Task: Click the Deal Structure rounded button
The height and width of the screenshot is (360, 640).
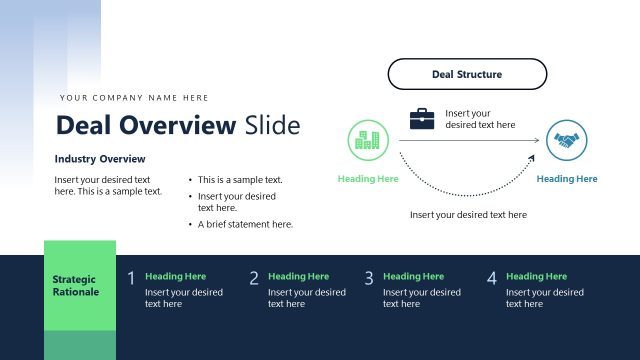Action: (467, 74)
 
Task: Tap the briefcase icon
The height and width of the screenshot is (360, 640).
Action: (422, 119)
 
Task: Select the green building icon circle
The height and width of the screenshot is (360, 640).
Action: (367, 141)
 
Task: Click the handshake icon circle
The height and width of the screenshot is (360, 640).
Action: (567, 141)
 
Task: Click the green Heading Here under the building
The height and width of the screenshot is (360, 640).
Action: (368, 179)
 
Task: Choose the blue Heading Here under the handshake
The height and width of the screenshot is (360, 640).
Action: (567, 179)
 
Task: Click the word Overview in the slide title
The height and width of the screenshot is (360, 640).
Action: (177, 125)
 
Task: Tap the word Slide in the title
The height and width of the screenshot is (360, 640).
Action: (272, 125)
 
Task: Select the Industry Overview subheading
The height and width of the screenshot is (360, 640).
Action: (100, 159)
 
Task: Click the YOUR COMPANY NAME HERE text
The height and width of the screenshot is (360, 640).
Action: (134, 98)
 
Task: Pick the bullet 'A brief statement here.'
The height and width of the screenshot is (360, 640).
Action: (245, 224)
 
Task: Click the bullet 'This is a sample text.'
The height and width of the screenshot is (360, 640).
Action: (240, 180)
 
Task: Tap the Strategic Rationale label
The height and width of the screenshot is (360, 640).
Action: (76, 285)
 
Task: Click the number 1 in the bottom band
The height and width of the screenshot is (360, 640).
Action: (131, 279)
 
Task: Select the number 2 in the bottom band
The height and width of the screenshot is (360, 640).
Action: (254, 279)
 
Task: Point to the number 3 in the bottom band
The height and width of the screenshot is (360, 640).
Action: (369, 279)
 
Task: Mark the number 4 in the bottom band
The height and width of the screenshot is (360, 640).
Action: (491, 279)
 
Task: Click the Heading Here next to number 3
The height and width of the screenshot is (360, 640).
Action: (413, 276)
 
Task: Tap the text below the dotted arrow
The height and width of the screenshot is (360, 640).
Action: (468, 215)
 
